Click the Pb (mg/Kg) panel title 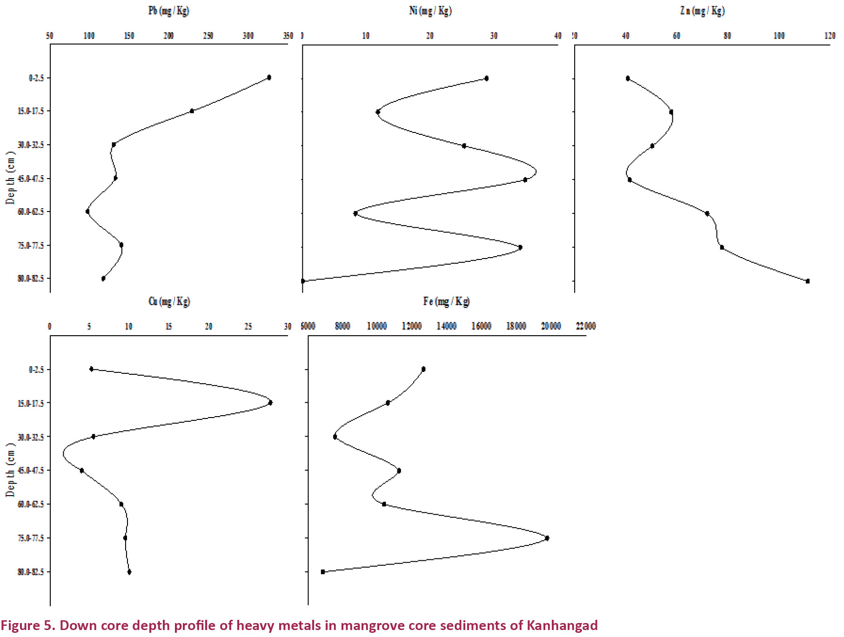pyautogui.click(x=168, y=11)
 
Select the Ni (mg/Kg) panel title pyautogui.click(x=430, y=11)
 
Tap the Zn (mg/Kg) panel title pyautogui.click(x=702, y=11)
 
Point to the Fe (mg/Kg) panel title pyautogui.click(x=446, y=301)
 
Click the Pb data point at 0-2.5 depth pyautogui.click(x=269, y=77)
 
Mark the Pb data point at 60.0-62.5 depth pyautogui.click(x=87, y=212)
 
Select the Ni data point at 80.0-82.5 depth pyautogui.click(x=303, y=281)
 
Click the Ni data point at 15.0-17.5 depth pyautogui.click(x=378, y=112)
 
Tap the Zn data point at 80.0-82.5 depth pyautogui.click(x=808, y=281)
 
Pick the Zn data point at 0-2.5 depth pyautogui.click(x=628, y=78)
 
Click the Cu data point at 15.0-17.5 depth pyautogui.click(x=270, y=403)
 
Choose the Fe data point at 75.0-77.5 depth pyautogui.click(x=547, y=538)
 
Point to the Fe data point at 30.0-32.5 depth pyautogui.click(x=335, y=437)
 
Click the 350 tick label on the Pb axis pyautogui.click(x=288, y=36)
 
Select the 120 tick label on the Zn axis pyautogui.click(x=830, y=36)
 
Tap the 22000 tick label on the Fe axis pyautogui.click(x=586, y=326)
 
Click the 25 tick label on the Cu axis pyautogui.click(x=248, y=326)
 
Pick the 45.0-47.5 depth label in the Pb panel pyautogui.click(x=31, y=179)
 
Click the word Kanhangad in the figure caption pyautogui.click(x=562, y=625)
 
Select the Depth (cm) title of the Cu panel pyautogui.click(x=11, y=470)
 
